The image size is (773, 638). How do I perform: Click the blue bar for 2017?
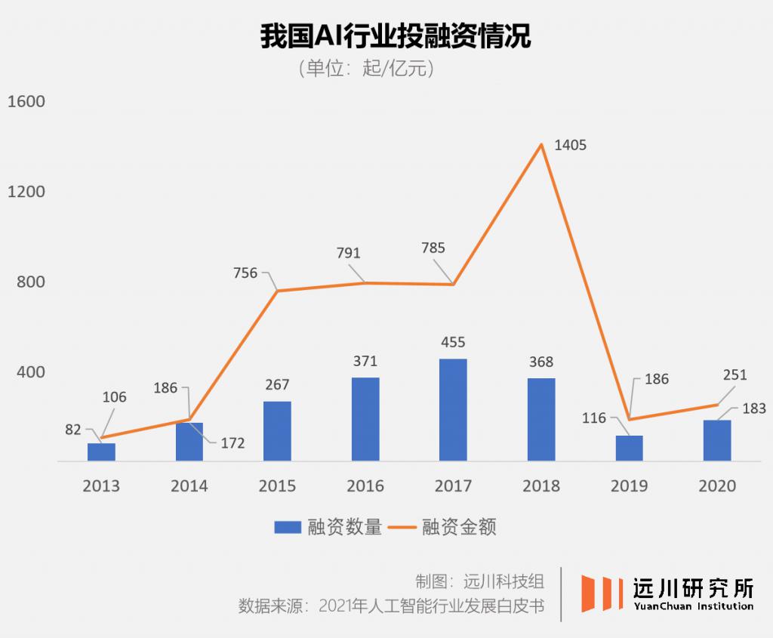453,409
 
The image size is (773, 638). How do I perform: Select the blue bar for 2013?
101,452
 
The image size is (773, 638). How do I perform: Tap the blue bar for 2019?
629,448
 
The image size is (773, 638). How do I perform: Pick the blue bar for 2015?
277,430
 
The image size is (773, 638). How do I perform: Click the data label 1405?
570,145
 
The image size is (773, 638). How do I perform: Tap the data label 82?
72,430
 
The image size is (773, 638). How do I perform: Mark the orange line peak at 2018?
541,143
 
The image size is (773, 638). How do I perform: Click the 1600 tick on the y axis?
26,102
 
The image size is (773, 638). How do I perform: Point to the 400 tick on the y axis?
31,372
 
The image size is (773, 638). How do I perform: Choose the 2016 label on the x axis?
365,485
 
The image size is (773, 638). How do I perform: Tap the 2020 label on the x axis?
717,485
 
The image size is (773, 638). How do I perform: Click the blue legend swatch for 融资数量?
287,527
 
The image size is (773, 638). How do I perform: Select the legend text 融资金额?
459,527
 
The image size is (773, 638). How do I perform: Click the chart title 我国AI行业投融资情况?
396,36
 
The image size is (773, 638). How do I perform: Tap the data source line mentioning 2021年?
391,606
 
